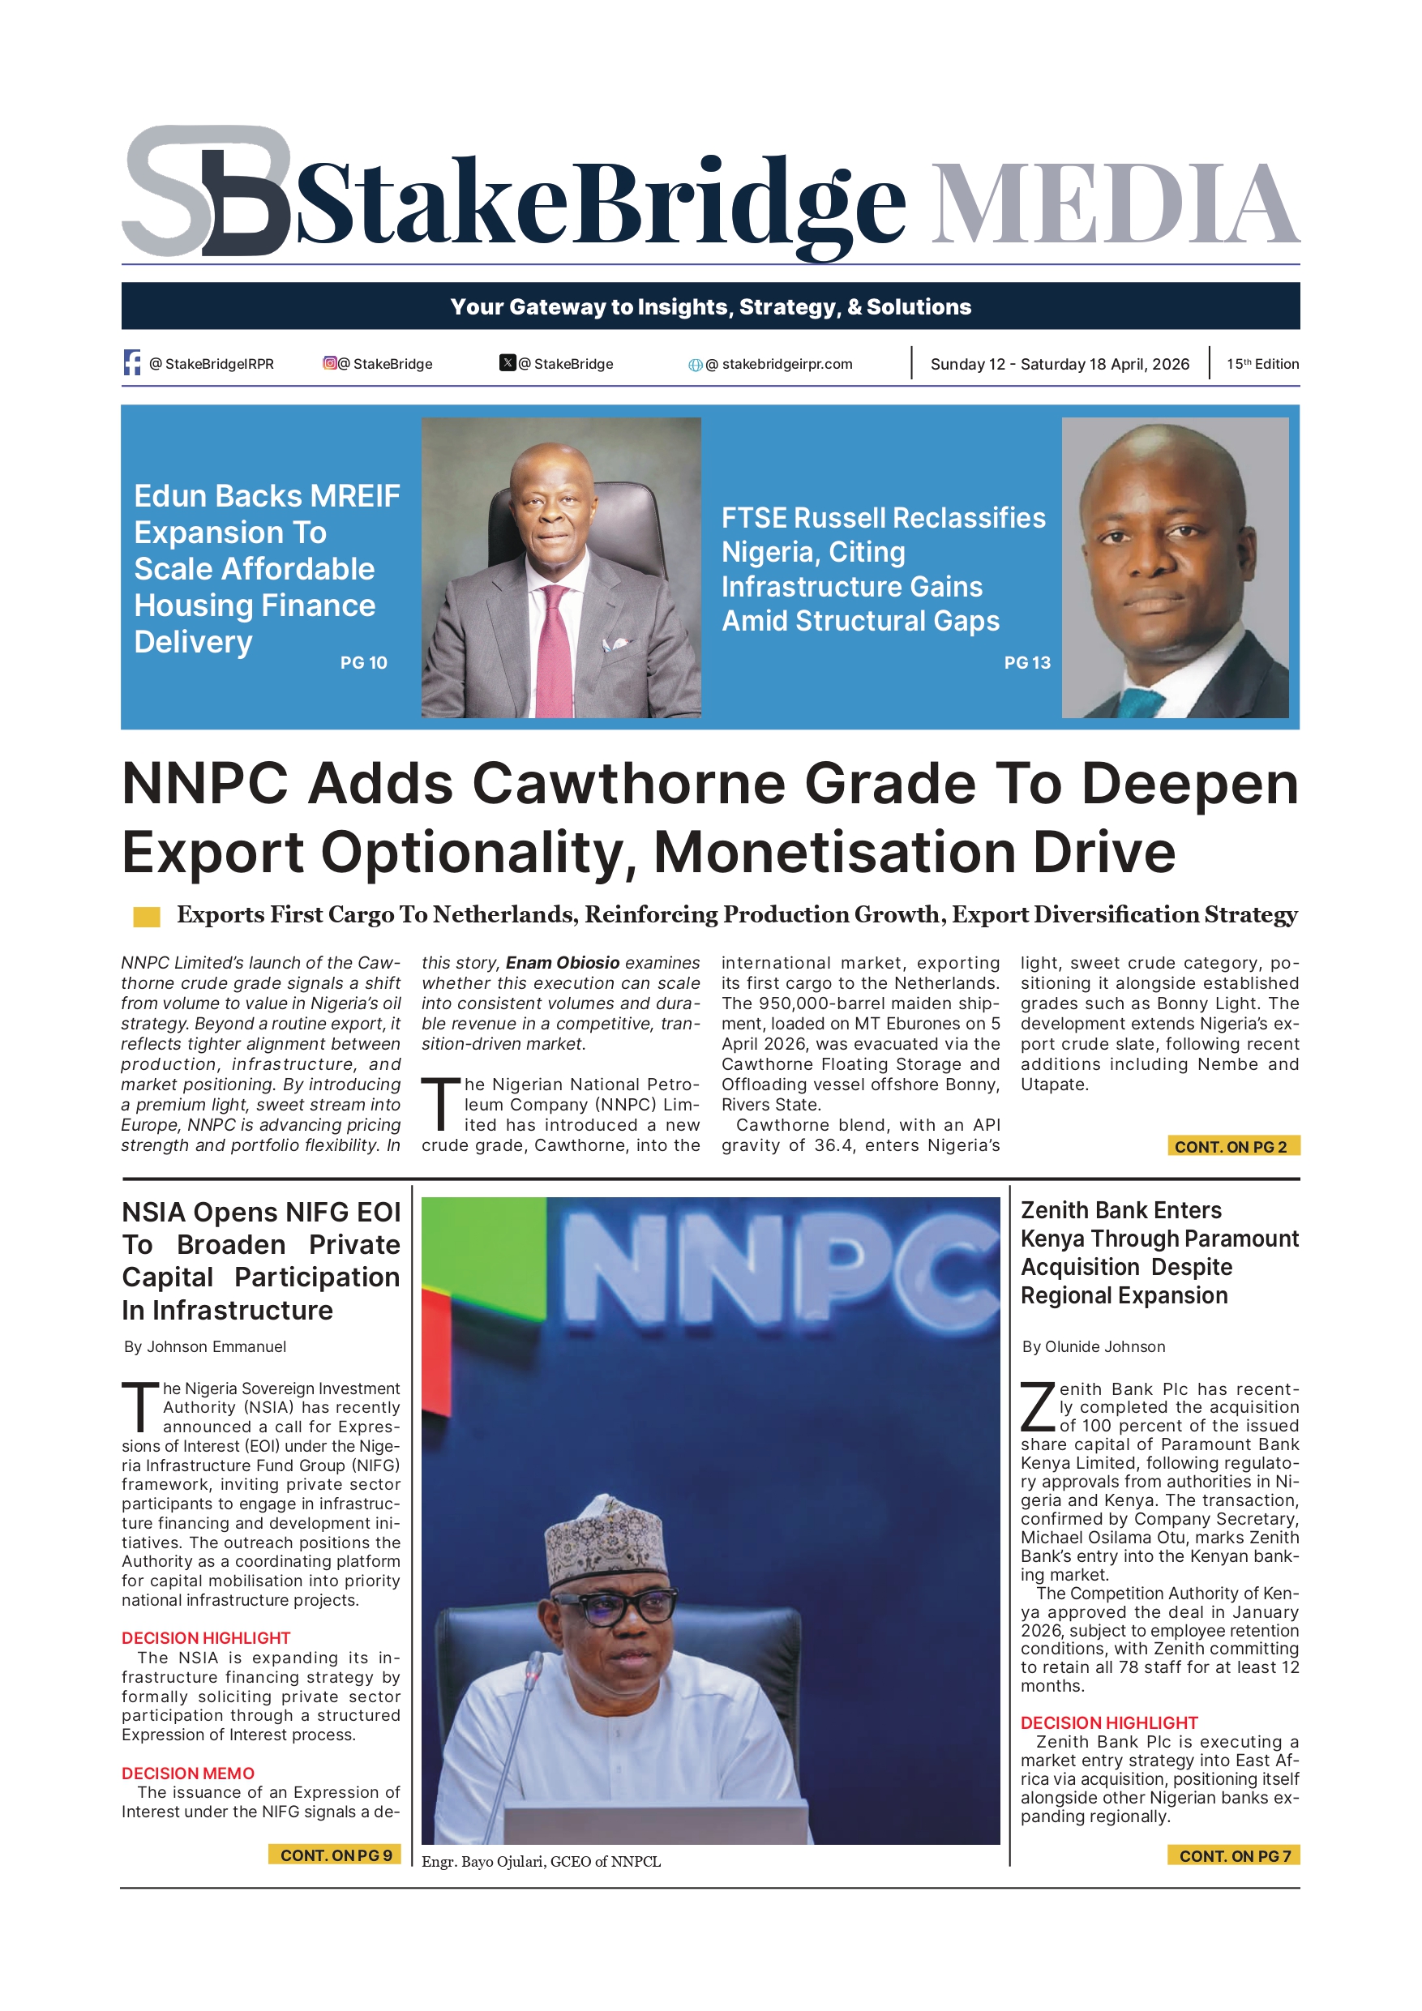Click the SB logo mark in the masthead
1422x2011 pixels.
pyautogui.click(x=207, y=191)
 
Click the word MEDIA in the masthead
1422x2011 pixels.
pyautogui.click(x=1115, y=204)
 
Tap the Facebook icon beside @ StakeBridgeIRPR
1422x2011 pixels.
pyautogui.click(x=132, y=362)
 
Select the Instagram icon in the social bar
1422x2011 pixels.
pyautogui.click(x=330, y=362)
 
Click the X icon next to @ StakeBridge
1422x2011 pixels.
pyautogui.click(x=508, y=362)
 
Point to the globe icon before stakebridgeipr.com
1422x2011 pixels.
pyautogui.click(x=695, y=365)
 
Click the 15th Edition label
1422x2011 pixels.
pyautogui.click(x=1261, y=363)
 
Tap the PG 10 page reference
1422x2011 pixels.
pyautogui.click(x=363, y=663)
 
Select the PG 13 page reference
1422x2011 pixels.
pyautogui.click(x=1027, y=663)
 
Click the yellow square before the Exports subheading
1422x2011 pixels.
pyautogui.click(x=146, y=917)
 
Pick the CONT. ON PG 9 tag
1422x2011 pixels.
pyautogui.click(x=336, y=1855)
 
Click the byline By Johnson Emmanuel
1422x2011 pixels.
pyautogui.click(x=205, y=1347)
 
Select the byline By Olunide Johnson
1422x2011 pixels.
pyautogui.click(x=1094, y=1347)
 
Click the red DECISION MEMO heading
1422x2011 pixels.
pyautogui.click(x=187, y=1774)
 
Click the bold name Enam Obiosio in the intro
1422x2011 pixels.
pyautogui.click(x=563, y=963)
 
